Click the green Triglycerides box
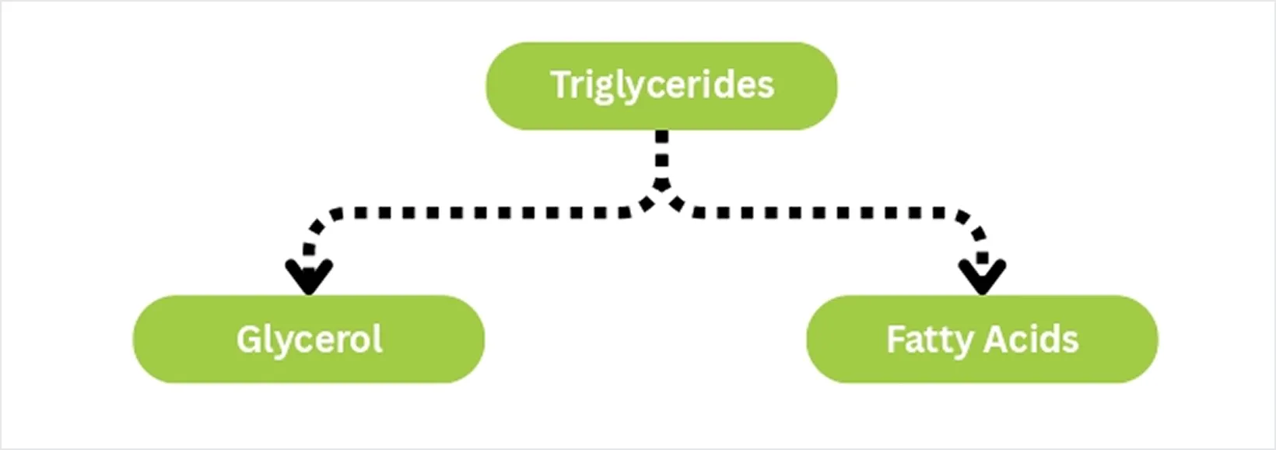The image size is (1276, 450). click(661, 86)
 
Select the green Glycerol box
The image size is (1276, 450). click(309, 339)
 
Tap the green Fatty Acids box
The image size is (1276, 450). click(982, 339)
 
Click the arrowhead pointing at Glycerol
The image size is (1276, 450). click(309, 277)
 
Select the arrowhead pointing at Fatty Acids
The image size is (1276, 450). click(982, 277)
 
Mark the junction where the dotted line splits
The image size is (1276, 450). click(661, 188)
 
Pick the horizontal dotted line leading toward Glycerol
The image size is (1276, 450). click(484, 213)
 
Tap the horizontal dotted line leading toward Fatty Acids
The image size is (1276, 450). click(826, 213)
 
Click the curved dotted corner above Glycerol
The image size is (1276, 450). click(318, 227)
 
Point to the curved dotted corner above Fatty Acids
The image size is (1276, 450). click(975, 228)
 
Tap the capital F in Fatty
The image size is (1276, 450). click(896, 339)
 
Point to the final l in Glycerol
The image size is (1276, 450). click(377, 339)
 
